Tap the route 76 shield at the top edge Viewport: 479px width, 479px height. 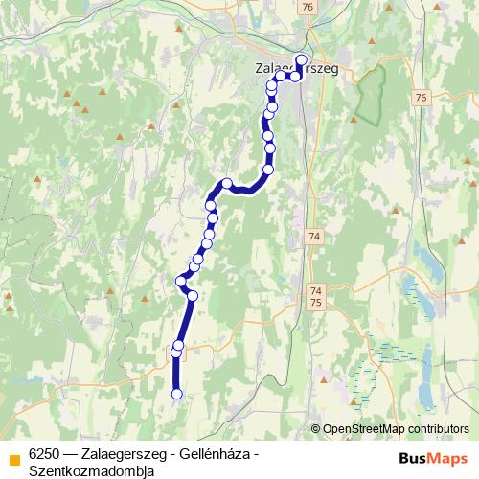(306, 7)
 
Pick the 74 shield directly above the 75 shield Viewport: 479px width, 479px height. (317, 289)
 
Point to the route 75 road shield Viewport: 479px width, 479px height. (317, 302)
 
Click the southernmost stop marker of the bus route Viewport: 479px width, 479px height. (176, 393)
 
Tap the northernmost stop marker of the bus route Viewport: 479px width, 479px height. (302, 59)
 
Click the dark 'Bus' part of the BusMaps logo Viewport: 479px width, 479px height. (416, 458)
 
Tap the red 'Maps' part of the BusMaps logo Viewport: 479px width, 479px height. (449, 458)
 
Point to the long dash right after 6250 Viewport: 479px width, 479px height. (72, 453)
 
